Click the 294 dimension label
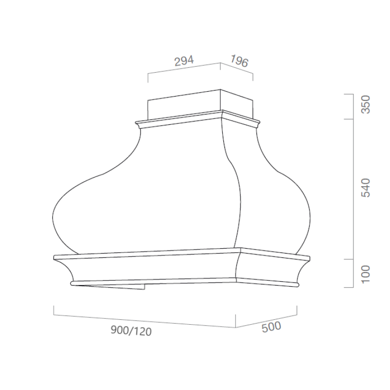[x=184, y=60]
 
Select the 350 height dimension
[x=366, y=105]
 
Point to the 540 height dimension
[x=366, y=188]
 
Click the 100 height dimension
[x=366, y=274]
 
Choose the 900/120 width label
[x=131, y=331]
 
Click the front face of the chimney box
[x=184, y=104]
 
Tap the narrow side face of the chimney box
[x=237, y=103]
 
